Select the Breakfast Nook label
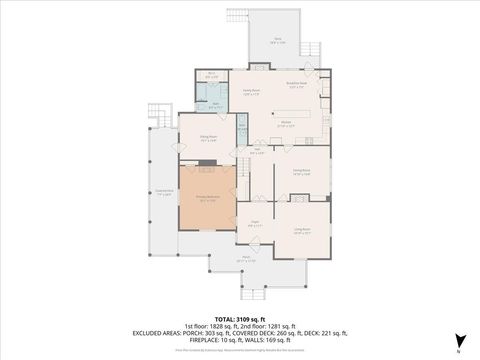pos(296,84)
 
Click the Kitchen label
pos(285,124)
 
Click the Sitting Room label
pos(207,140)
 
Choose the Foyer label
pos(255,224)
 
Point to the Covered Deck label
pos(163,193)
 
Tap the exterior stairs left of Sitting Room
pos(155,115)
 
